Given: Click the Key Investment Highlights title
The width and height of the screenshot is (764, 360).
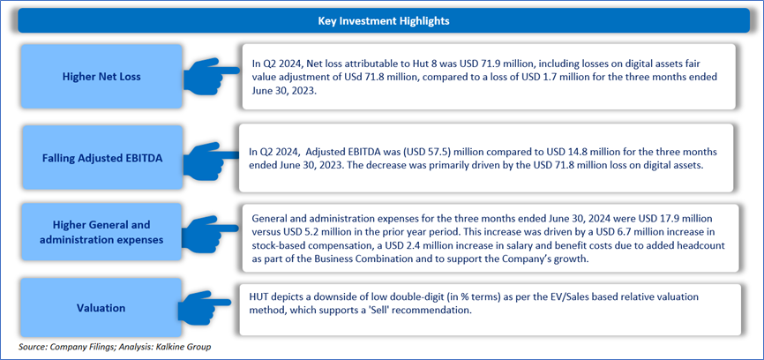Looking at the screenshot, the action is (384, 21).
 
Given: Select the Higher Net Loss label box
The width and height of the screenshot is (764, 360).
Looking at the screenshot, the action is (101, 77).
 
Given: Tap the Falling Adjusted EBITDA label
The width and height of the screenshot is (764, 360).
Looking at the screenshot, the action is (101, 158).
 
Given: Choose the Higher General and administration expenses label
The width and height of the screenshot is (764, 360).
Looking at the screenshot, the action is (101, 232).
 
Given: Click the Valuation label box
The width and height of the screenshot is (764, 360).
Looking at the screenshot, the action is (101, 308).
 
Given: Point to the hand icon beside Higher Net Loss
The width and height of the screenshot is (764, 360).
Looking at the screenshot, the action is (212, 77).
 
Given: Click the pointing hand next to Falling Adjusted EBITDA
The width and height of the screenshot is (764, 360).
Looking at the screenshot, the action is (212, 158).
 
